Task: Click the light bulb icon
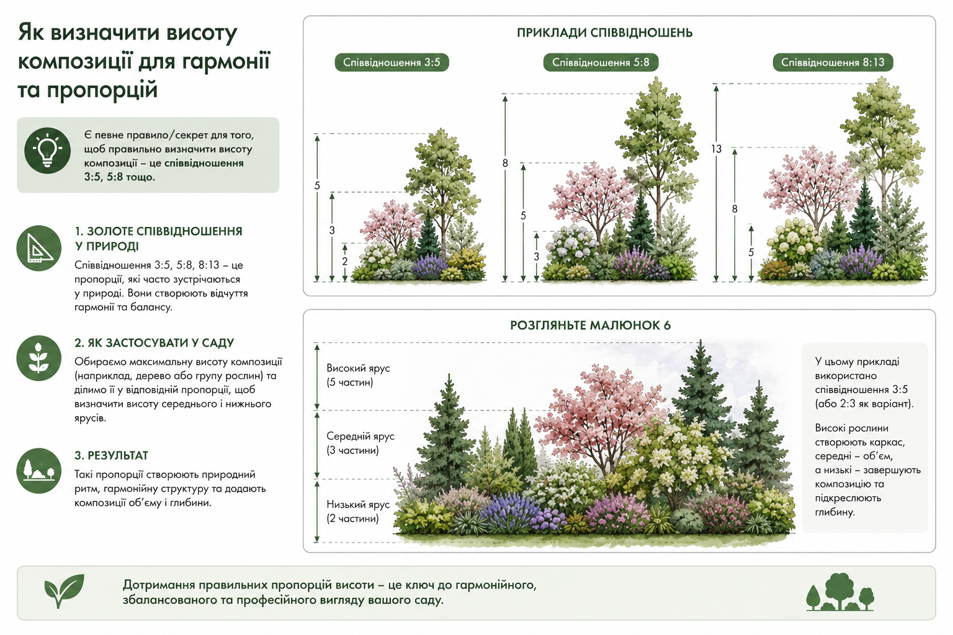[x=47, y=151]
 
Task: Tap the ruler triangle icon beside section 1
[x=38, y=248]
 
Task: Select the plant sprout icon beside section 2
[x=38, y=358]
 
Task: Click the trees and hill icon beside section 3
[x=38, y=471]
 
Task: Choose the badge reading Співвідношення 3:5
[x=391, y=63]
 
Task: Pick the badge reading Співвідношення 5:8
[x=601, y=63]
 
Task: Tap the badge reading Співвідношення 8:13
[x=833, y=63]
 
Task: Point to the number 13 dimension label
[x=717, y=149]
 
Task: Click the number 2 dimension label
[x=344, y=261]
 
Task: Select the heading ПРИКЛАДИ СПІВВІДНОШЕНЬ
[x=604, y=33]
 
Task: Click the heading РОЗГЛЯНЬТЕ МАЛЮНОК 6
[x=591, y=326]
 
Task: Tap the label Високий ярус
[x=358, y=368]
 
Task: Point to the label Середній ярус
[x=360, y=437]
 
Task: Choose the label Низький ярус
[x=358, y=504]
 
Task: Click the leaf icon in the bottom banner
[x=65, y=591]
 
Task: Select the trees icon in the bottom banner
[x=840, y=592]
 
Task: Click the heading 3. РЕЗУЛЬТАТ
[x=112, y=456]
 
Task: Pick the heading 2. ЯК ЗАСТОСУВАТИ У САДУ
[x=154, y=343]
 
